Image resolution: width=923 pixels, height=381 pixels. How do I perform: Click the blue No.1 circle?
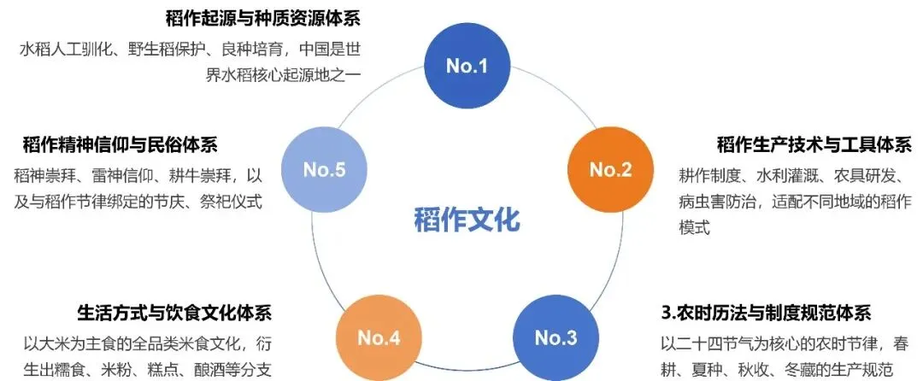point(467,66)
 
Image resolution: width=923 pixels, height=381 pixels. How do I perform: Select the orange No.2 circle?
point(610,169)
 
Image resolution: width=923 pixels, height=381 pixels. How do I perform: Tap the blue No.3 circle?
point(556,337)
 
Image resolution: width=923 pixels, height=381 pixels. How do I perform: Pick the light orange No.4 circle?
point(379,337)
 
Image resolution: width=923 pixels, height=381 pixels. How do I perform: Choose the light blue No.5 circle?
point(324,169)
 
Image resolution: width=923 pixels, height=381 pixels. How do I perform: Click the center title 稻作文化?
point(466,219)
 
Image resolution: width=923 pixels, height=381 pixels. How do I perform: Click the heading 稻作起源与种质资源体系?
point(262,19)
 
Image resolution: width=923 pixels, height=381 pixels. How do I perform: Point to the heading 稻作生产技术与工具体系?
point(814,144)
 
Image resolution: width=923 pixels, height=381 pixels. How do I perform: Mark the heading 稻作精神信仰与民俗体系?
point(132,144)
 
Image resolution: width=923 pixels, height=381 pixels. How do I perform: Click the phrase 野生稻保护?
point(168,49)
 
